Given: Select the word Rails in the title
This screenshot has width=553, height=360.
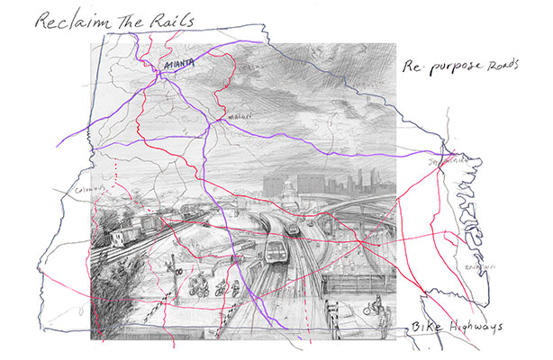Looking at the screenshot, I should [x=171, y=20].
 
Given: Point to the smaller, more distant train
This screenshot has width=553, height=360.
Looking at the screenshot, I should [x=292, y=231].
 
